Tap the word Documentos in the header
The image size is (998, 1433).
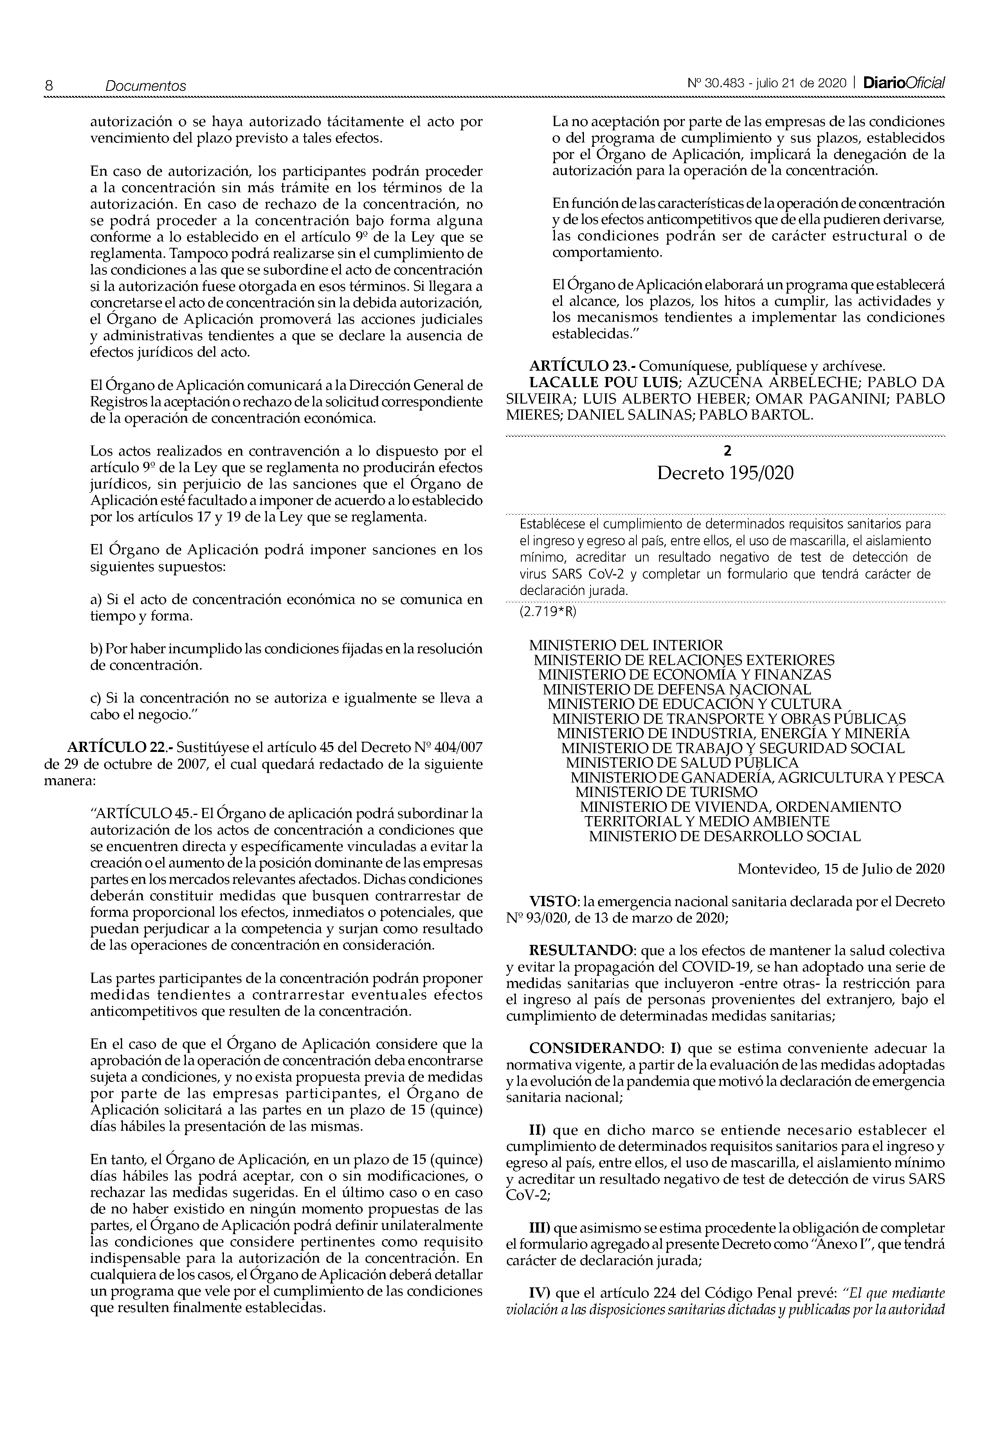(x=146, y=86)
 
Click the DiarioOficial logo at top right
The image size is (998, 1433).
(x=904, y=83)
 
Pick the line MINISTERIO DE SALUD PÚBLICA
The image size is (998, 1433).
(x=681, y=762)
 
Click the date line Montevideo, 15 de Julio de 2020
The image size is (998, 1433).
(x=841, y=869)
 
